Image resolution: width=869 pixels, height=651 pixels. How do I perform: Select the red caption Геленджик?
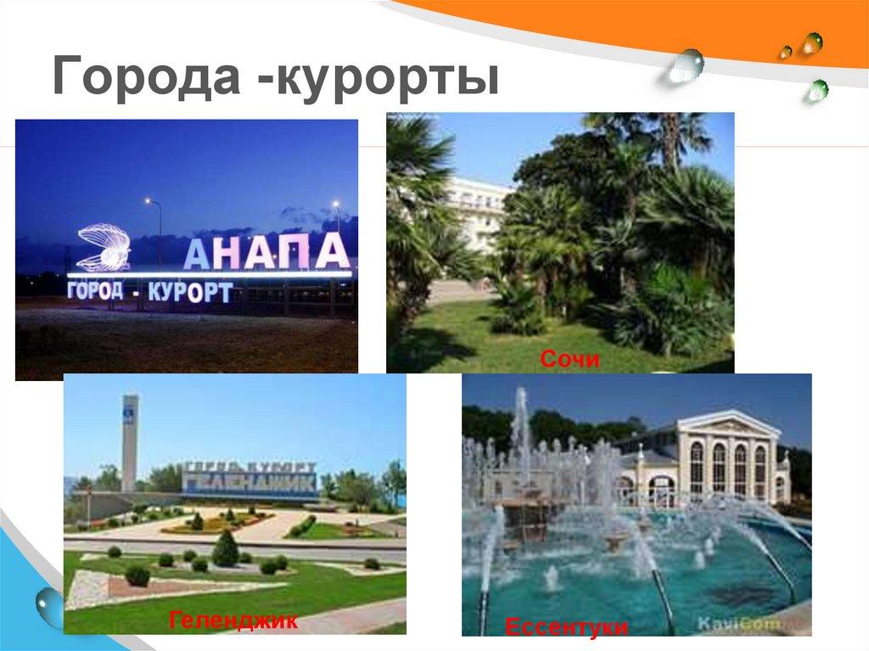point(233,620)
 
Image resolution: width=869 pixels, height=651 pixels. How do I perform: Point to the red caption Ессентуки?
point(567,628)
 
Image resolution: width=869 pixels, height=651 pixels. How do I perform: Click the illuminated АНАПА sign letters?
point(266,251)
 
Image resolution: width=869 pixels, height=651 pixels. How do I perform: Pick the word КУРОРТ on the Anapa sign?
point(189,293)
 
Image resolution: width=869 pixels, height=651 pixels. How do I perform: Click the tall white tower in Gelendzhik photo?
point(129,441)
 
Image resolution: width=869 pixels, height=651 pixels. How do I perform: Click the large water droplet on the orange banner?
point(686,65)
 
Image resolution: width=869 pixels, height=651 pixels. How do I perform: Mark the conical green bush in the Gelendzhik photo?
point(225,548)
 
